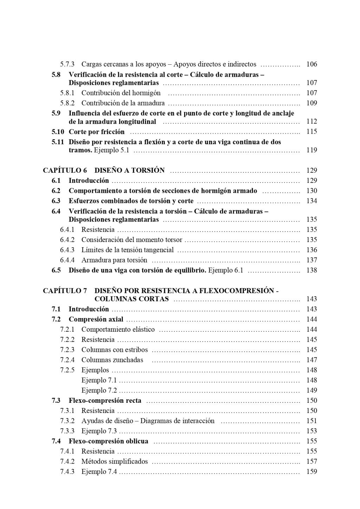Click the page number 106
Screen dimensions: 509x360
(311, 64)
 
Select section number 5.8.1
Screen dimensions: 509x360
(67, 93)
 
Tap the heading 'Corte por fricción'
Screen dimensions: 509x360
(97, 132)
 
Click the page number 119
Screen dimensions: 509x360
(311, 150)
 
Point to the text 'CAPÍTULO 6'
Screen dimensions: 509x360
(65, 171)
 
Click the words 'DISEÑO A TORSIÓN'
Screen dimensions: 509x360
(129, 171)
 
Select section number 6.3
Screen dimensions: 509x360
(56, 201)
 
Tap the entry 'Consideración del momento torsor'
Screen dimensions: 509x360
(132, 240)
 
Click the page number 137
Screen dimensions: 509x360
(311, 260)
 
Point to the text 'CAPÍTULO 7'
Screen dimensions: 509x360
(65, 291)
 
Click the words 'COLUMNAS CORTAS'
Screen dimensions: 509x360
(131, 299)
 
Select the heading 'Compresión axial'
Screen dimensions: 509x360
(96, 319)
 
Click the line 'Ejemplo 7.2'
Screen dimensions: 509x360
(99, 390)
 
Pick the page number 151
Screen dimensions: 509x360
(311, 421)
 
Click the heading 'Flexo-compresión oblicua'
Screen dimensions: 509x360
(109, 441)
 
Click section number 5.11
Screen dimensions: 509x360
(58, 142)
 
